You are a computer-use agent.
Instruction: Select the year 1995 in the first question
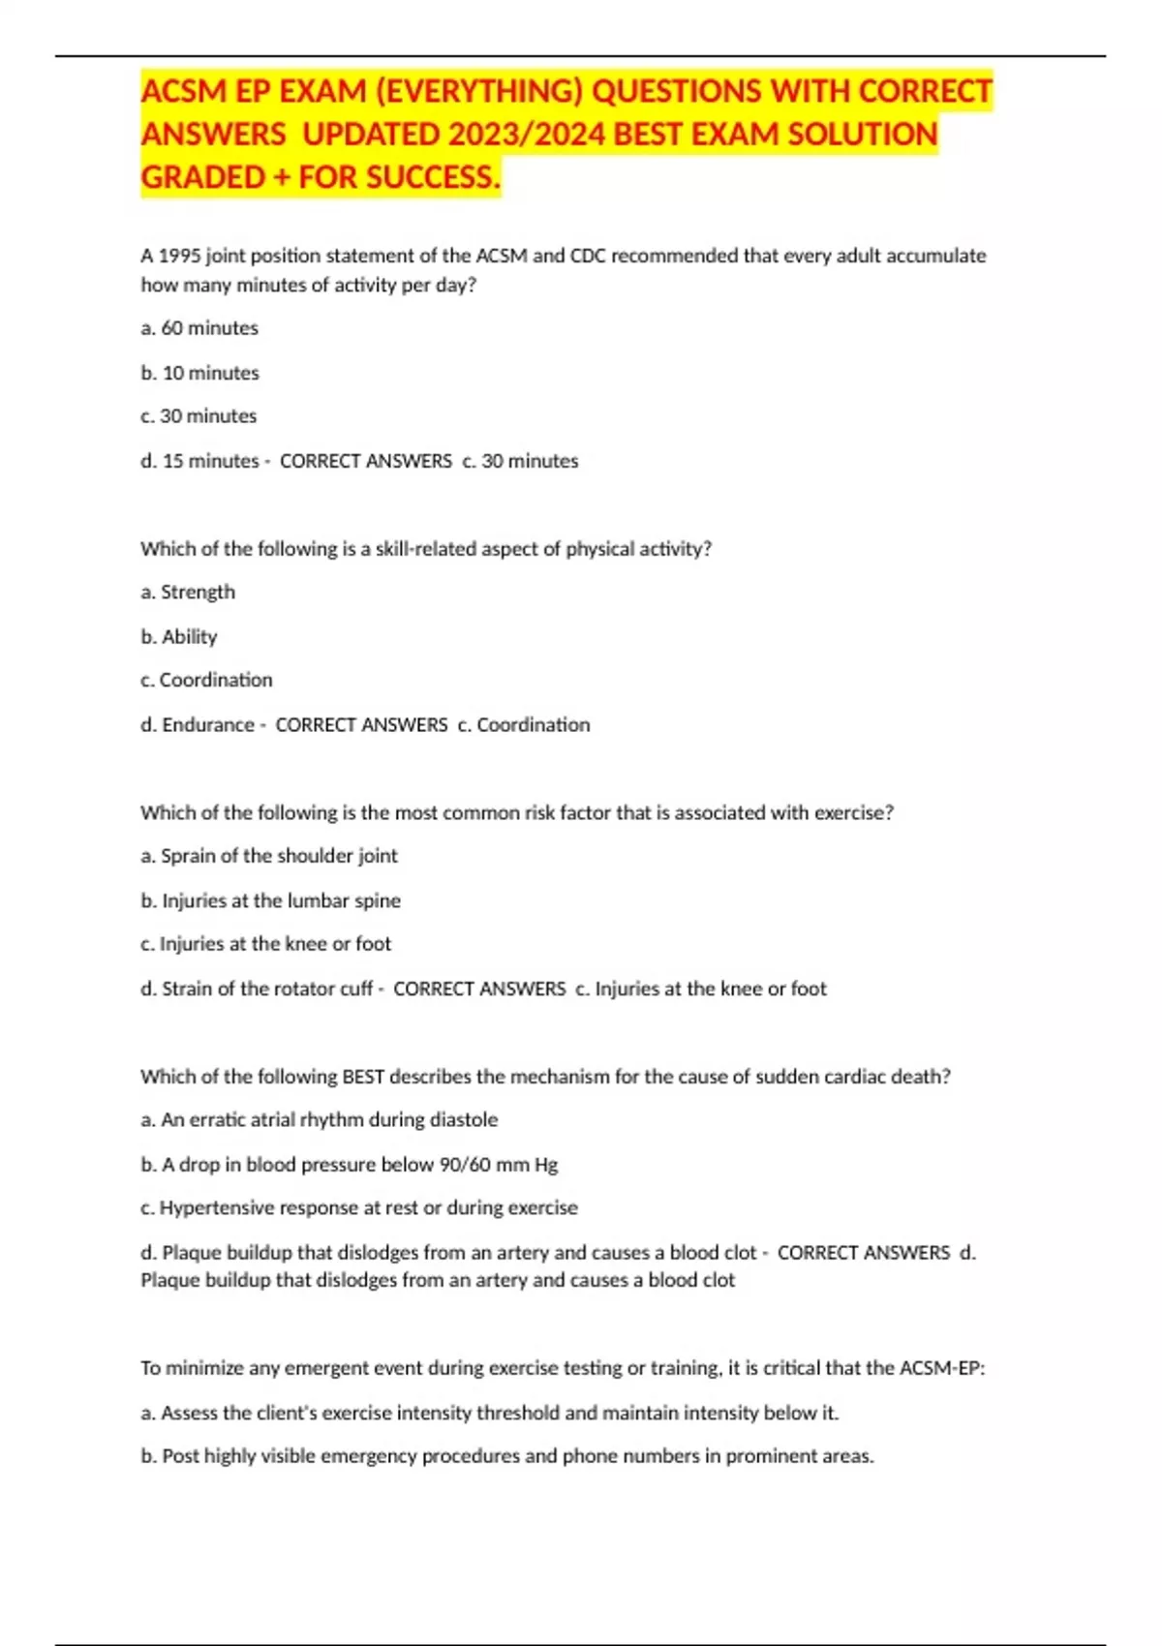pos(177,256)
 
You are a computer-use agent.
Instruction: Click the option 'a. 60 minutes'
pos(199,328)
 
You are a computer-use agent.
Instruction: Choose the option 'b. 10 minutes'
pos(199,373)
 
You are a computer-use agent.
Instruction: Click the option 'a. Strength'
pos(188,592)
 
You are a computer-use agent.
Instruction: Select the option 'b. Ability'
pos(179,636)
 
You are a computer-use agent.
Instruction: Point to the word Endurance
pos(207,724)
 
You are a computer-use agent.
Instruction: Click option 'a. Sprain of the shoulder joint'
pos(269,856)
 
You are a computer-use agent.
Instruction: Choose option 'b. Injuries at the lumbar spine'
pos(270,900)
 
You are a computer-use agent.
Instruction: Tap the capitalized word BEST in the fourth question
pos(363,1077)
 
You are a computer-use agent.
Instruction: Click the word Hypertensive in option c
pos(218,1207)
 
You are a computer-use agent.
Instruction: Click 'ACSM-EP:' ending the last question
pos(941,1368)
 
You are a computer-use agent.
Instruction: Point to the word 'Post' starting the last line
pos(180,1456)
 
